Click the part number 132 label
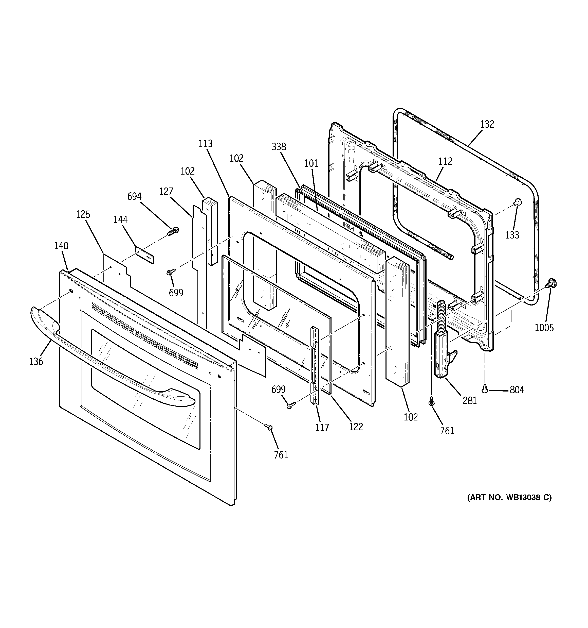(487, 124)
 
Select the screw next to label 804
(485, 391)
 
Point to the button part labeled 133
(517, 202)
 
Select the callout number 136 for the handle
(36, 361)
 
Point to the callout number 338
(279, 147)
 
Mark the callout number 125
(83, 214)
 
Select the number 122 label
(356, 427)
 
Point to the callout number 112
(445, 161)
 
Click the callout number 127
(166, 191)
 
